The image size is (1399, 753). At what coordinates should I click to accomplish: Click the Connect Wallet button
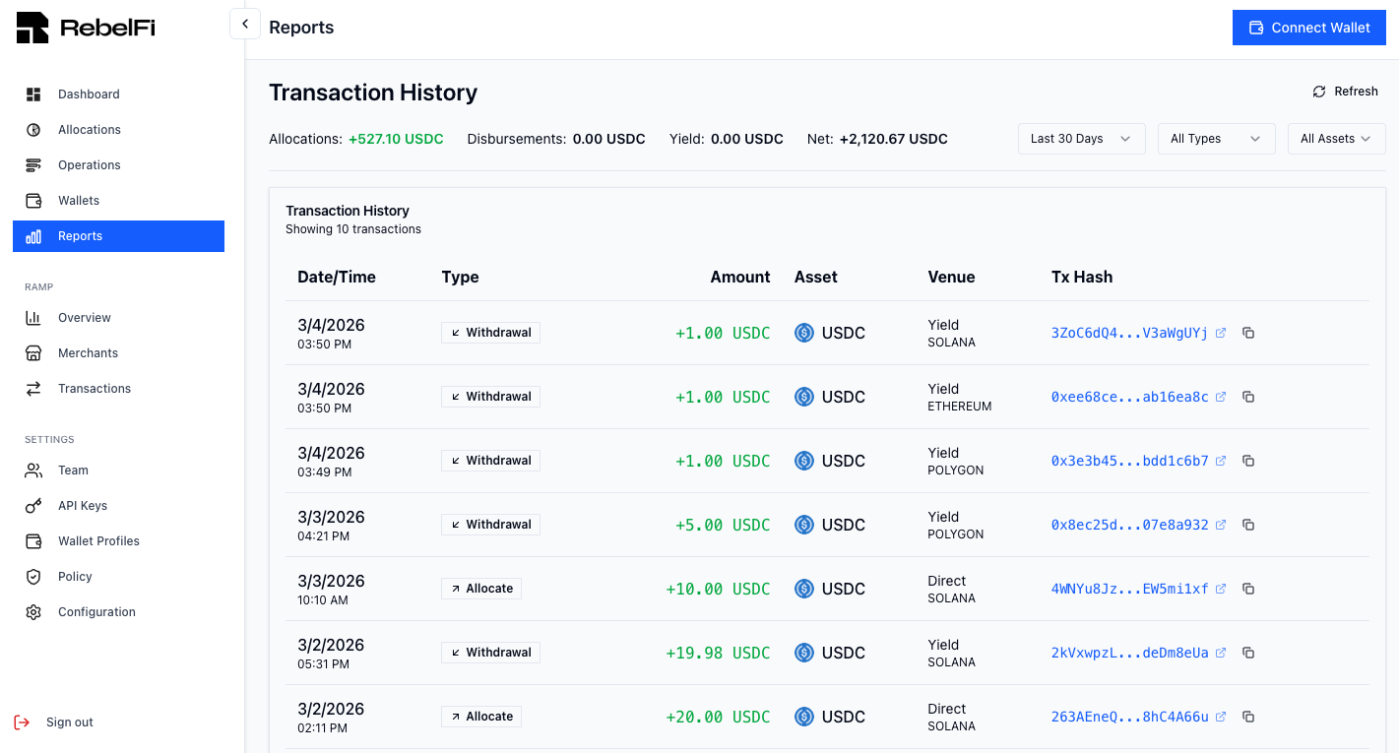pos(1308,28)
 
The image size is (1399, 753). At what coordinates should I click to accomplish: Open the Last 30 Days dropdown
pos(1080,139)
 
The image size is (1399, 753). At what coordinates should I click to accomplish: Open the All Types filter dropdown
pos(1215,139)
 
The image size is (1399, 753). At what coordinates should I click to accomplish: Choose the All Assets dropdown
pos(1335,139)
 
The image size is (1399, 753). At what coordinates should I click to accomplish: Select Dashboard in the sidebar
pos(89,94)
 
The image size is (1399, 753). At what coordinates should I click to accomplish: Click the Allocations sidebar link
pos(89,130)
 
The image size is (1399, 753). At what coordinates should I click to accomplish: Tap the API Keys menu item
pos(83,506)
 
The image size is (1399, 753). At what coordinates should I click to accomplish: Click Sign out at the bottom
pos(69,722)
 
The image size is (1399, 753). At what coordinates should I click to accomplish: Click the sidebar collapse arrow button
pos(245,24)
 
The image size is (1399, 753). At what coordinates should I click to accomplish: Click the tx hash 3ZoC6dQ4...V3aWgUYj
pos(1129,333)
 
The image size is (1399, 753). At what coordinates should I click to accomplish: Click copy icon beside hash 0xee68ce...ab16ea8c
pos(1248,397)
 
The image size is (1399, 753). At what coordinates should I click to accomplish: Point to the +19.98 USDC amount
pos(718,653)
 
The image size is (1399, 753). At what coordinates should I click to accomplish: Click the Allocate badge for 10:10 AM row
pos(481,589)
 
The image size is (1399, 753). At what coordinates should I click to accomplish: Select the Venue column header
pos(951,277)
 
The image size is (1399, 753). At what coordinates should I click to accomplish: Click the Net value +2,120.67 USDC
pos(893,139)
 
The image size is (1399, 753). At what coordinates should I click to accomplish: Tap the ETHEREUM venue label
pos(959,407)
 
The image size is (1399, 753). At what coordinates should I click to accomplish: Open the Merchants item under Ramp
pos(88,353)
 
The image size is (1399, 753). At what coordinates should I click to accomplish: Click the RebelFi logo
pos(86,28)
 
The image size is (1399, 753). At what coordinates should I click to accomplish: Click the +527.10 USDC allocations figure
pos(396,139)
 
